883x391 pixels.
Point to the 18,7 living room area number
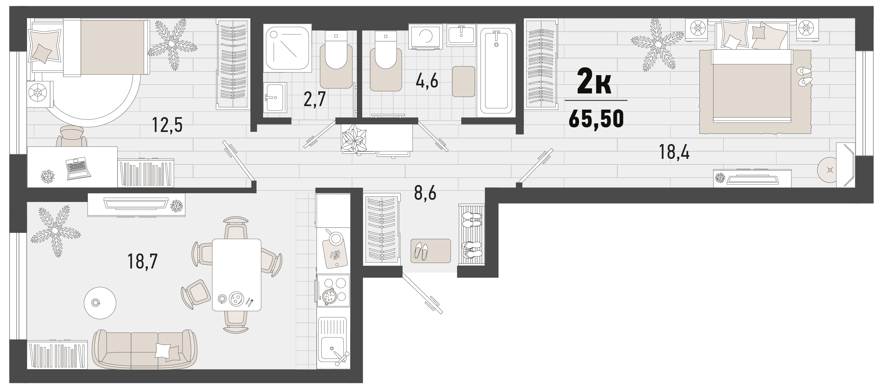click(142, 261)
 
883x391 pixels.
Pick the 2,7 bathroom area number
click(314, 100)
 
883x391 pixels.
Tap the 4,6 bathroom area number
click(427, 82)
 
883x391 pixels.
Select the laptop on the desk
click(78, 169)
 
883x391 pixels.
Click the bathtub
click(496, 71)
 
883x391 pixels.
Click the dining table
click(237, 275)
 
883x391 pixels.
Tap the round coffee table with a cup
click(100, 303)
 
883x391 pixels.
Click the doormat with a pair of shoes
click(430, 251)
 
